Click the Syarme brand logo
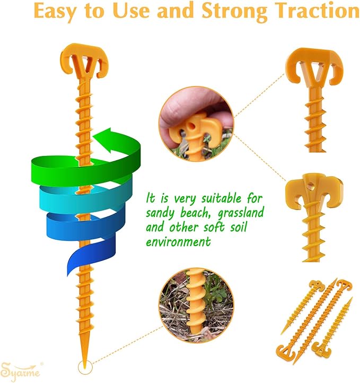pos(21,371)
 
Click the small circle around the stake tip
pos(85,367)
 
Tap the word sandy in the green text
pos(160,214)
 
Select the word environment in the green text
pos(178,242)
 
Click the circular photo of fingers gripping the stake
pos(196,124)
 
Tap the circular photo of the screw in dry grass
pos(196,305)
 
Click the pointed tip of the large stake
pos(85,368)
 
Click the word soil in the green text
pos(239,227)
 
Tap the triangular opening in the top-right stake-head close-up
pos(314,71)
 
